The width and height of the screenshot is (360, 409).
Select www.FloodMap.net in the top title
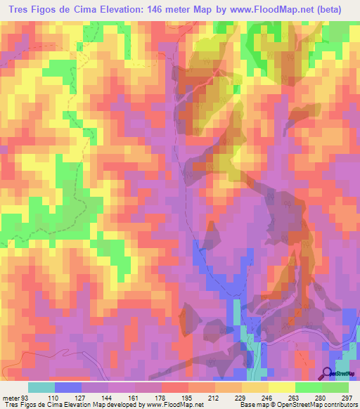(x=272, y=9)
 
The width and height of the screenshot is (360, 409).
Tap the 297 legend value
(x=346, y=397)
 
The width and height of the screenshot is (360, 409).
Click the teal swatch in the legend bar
(x=41, y=387)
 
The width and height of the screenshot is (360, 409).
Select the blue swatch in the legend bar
(x=68, y=387)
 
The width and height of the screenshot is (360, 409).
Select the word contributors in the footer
(x=339, y=405)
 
